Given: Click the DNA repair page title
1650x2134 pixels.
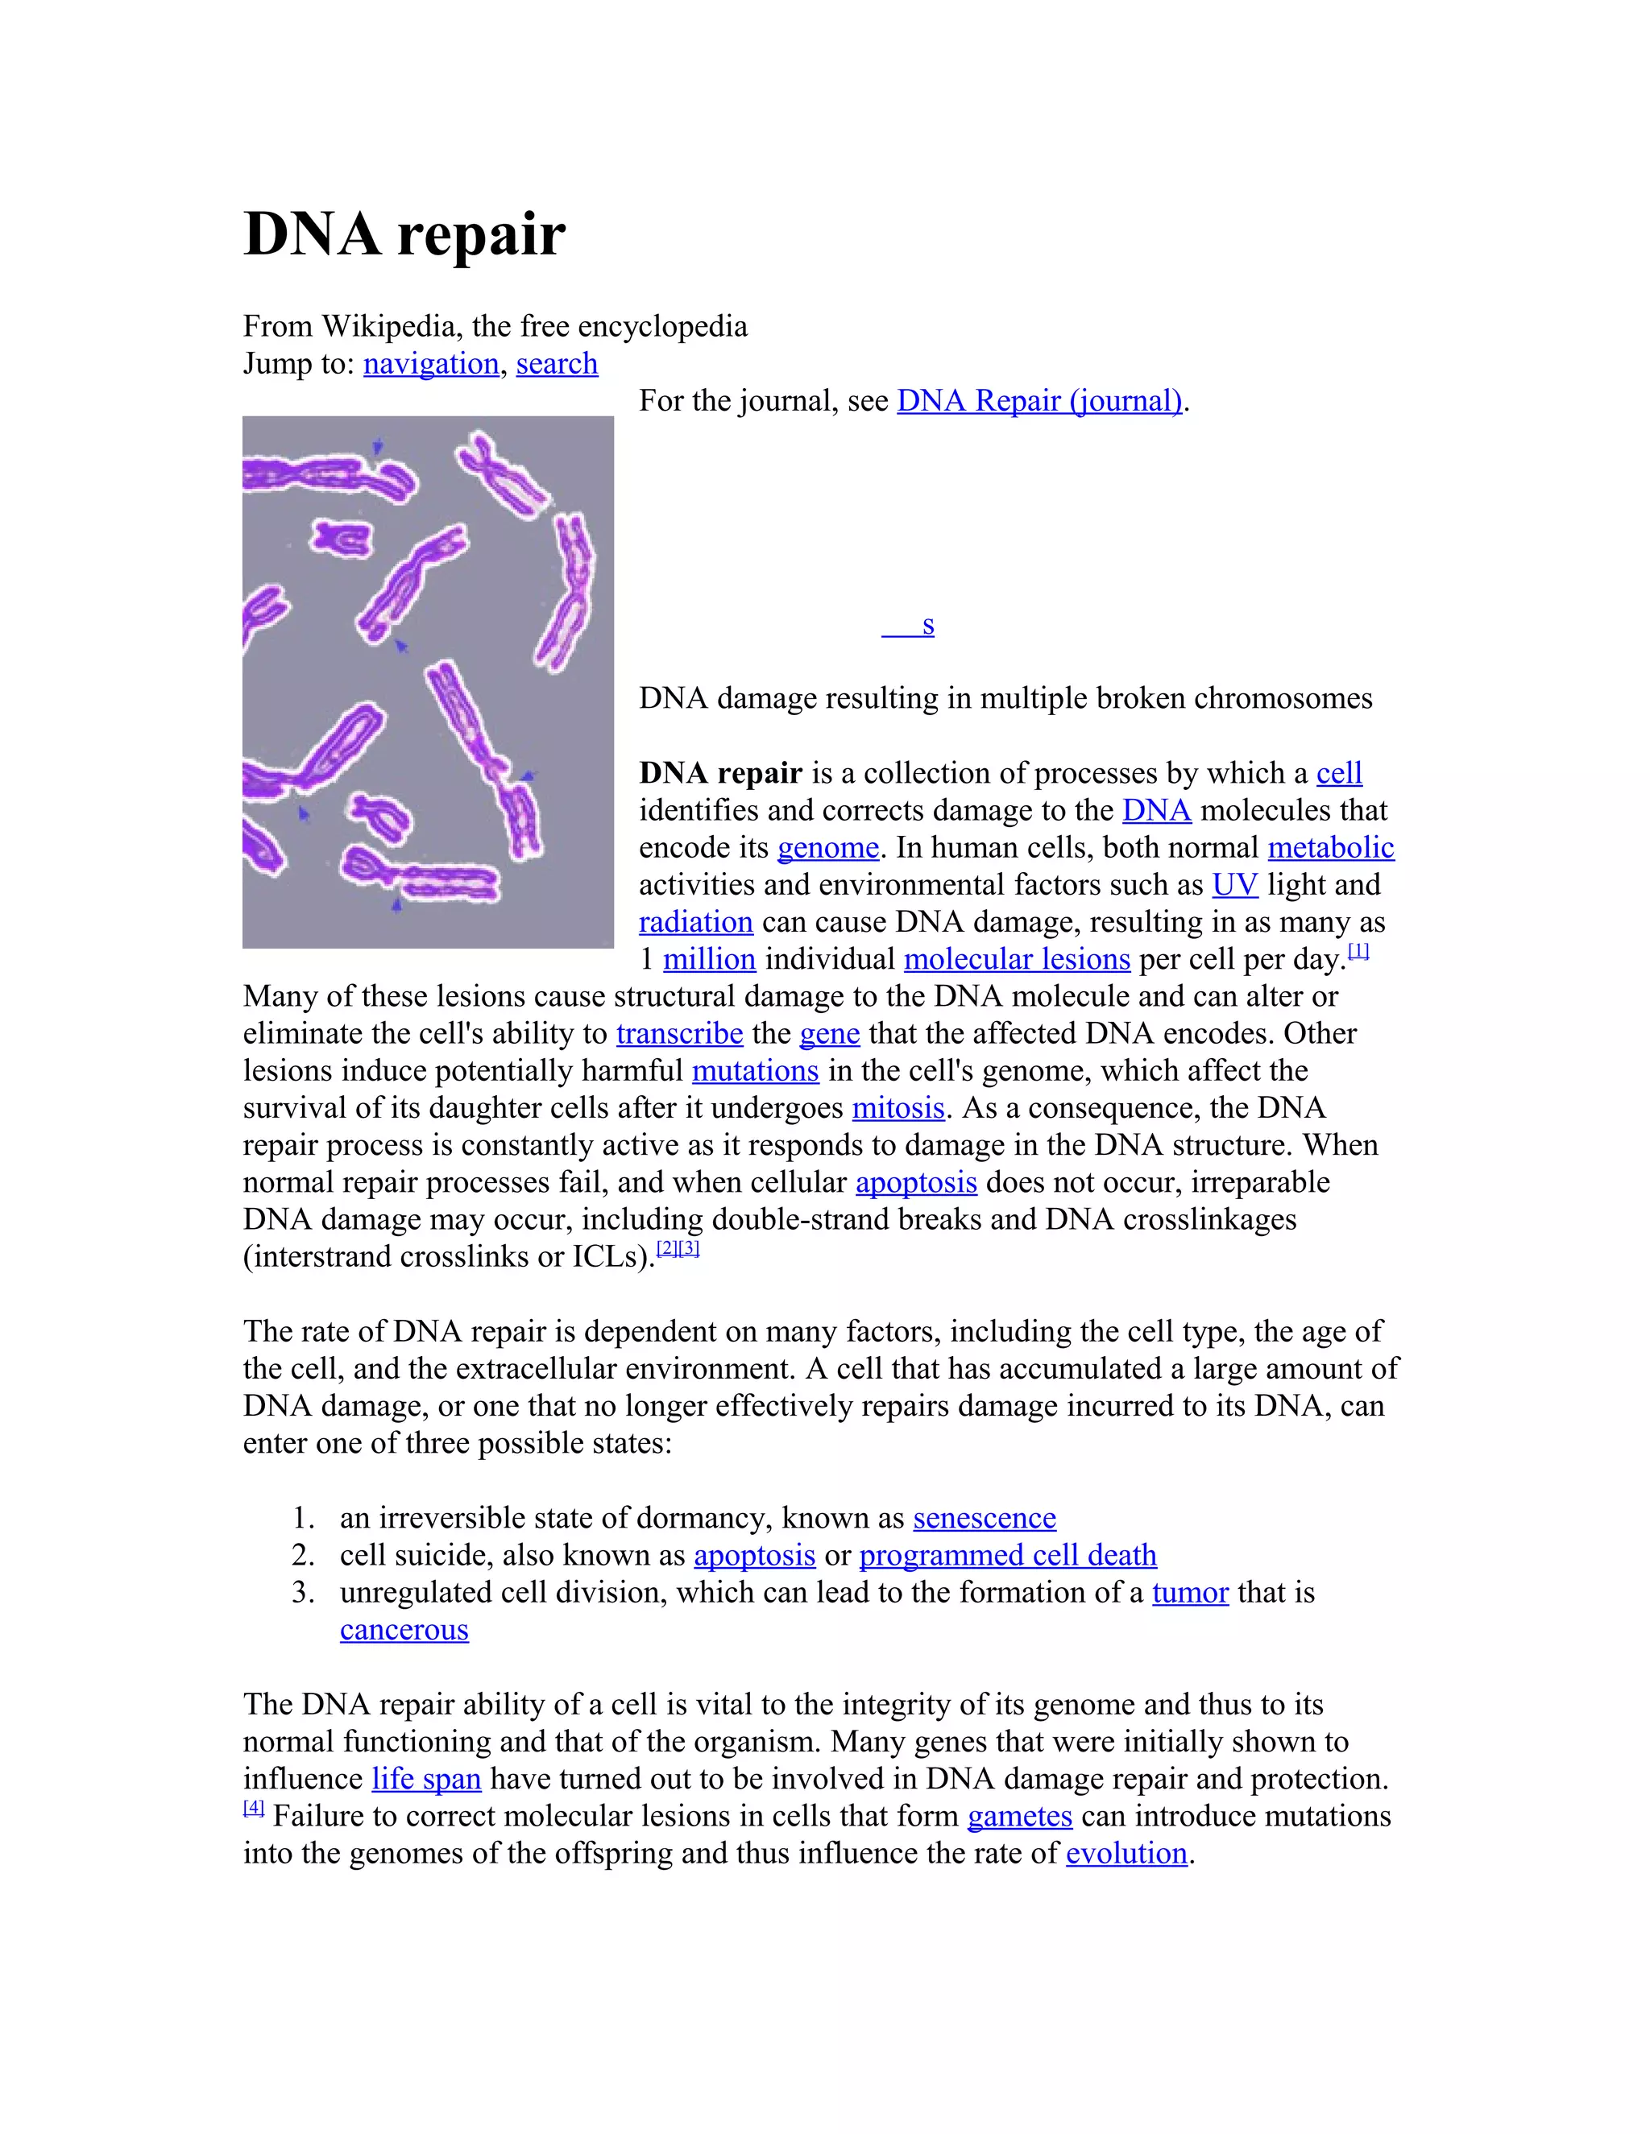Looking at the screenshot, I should [x=404, y=234].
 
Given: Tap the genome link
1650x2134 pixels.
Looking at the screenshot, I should [x=828, y=847].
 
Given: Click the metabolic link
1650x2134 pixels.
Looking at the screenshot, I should [x=1330, y=847].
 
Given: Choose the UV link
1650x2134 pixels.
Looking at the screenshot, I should [x=1234, y=884].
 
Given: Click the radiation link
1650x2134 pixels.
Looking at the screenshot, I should [x=696, y=921].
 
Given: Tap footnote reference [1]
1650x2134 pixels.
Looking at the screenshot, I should [x=1358, y=951].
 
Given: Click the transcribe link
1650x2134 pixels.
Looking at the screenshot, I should [x=679, y=1034].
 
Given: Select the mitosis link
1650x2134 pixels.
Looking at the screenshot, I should [x=898, y=1108].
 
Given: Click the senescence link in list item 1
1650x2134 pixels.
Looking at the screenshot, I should [x=985, y=1519].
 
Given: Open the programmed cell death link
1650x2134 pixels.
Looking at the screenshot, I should [x=1008, y=1556].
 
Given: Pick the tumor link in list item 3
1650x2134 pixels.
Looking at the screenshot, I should [x=1190, y=1593].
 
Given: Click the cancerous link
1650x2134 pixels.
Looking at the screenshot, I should [x=404, y=1630].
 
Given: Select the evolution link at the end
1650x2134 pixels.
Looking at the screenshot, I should [x=1126, y=1854].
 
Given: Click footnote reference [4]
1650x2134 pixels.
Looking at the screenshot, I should [x=253, y=1808].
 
